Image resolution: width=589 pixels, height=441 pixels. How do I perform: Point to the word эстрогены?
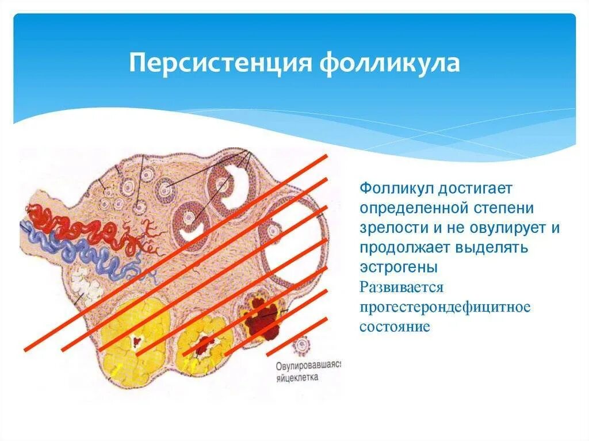[399, 267]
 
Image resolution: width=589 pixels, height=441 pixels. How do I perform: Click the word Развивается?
[401, 287]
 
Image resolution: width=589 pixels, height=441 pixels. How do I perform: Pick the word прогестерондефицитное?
[445, 306]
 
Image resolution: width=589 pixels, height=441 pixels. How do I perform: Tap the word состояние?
[395, 327]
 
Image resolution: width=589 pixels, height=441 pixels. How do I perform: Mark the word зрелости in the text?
[389, 228]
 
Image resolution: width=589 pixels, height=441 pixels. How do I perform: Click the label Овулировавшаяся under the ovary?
[308, 366]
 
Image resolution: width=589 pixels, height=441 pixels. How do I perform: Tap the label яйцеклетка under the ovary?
[296, 378]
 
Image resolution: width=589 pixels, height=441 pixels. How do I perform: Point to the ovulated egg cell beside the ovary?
[300, 346]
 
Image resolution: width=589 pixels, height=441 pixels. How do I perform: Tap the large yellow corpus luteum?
[135, 339]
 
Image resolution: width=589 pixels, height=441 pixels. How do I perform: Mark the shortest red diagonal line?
[297, 336]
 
